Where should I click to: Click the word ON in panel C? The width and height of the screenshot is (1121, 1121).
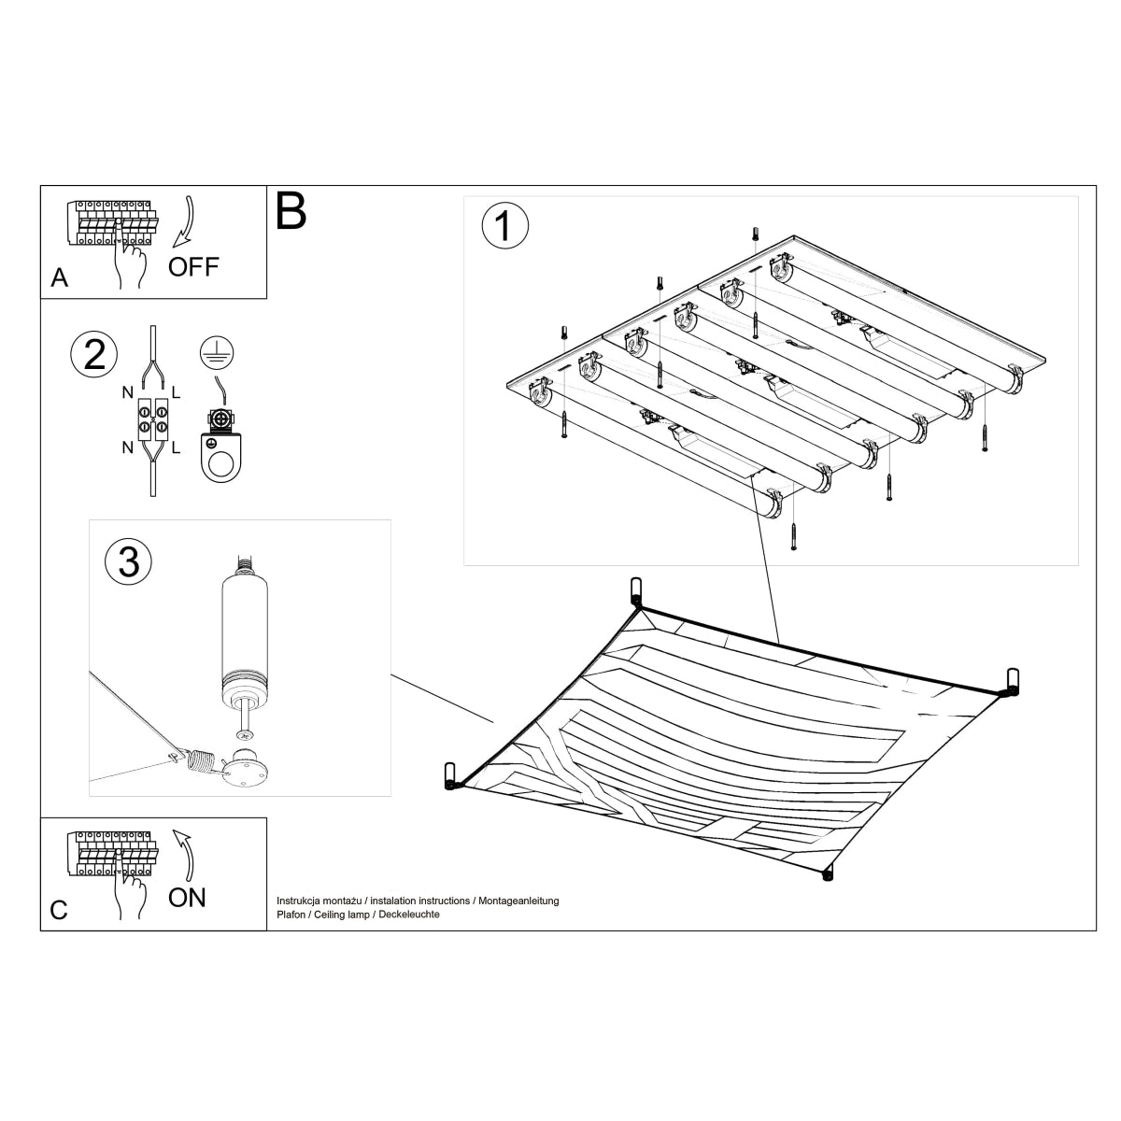[187, 898]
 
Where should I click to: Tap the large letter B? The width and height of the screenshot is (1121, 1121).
[291, 212]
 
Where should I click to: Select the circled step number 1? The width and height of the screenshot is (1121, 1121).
[504, 226]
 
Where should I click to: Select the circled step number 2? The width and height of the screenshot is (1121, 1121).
[94, 356]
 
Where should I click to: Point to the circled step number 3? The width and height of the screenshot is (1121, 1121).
[129, 561]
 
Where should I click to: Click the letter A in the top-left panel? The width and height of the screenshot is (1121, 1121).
[60, 277]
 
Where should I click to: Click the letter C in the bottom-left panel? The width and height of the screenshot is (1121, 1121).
[59, 910]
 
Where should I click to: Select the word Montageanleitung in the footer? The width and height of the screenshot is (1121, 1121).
[518, 901]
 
